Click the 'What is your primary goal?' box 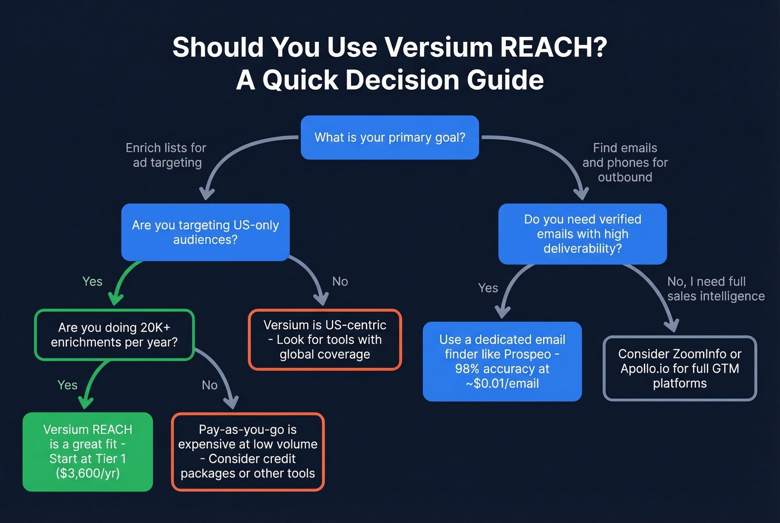389,138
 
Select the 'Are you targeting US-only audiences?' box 205,232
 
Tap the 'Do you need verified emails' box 582,234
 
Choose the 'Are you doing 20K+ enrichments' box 114,335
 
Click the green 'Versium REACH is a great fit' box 87,452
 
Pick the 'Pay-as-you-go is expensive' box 247,452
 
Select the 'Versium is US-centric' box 325,340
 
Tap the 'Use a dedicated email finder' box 502,361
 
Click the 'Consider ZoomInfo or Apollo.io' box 680,368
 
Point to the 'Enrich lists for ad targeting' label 166,155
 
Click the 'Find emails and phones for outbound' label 625,163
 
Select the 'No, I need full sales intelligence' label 715,289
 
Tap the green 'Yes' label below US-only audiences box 92,282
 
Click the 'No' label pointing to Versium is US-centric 340,282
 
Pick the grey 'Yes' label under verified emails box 488,288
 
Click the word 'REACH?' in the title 553,47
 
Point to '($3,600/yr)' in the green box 87,473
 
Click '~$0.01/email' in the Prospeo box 502,384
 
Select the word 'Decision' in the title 401,80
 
